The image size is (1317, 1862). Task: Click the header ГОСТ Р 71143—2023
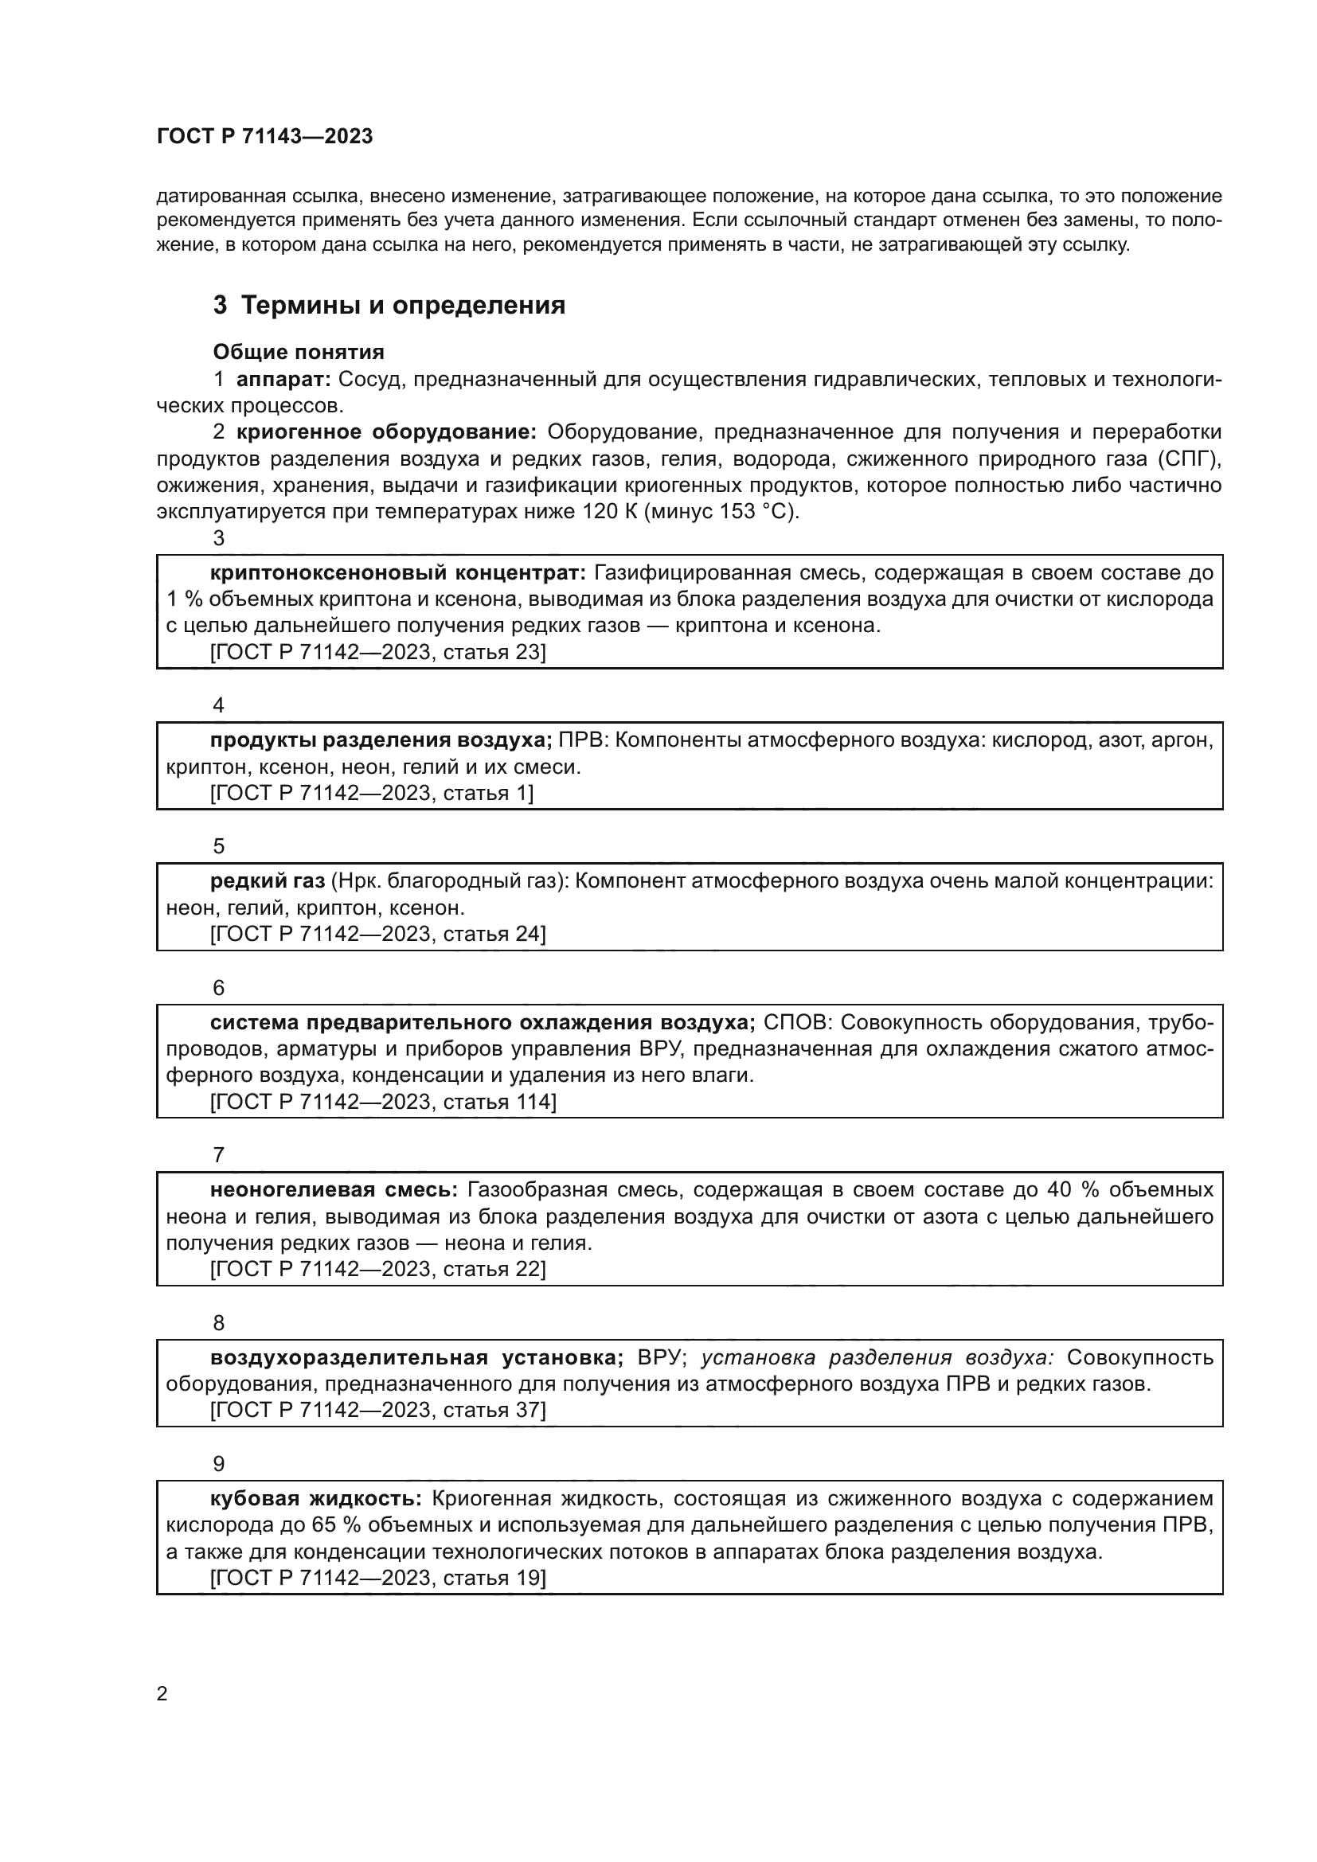[264, 136]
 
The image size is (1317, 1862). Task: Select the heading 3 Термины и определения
[389, 306]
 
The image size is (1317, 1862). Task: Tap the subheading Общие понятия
[299, 352]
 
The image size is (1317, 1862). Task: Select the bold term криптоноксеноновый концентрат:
[397, 572]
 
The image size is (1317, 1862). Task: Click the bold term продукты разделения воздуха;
[381, 740]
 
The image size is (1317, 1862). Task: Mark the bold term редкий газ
[267, 880]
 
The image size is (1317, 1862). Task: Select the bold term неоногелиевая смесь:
[334, 1189]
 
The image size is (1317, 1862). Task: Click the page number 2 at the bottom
[162, 1694]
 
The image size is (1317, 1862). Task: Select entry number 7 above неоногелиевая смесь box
[218, 1155]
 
